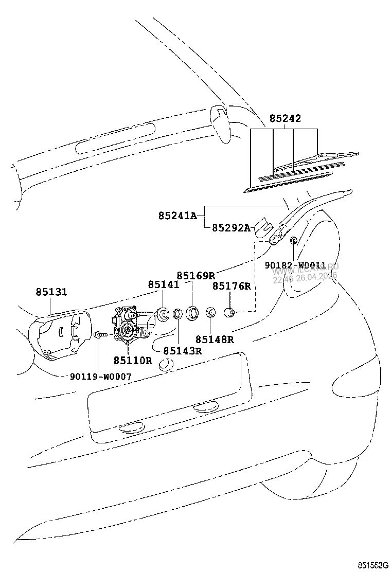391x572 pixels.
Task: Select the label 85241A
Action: pos(177,216)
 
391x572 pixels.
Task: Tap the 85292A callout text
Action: pos(231,228)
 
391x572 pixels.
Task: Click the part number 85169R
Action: pos(195,276)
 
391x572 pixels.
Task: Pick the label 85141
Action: pos(164,284)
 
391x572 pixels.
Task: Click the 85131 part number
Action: pos(51,292)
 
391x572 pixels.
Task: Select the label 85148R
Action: pos(215,339)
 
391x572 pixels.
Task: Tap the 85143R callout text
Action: pos(182,351)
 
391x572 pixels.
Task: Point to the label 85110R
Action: pos(133,360)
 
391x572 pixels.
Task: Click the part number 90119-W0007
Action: pos(100,377)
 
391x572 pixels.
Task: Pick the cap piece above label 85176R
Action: pos(230,311)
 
